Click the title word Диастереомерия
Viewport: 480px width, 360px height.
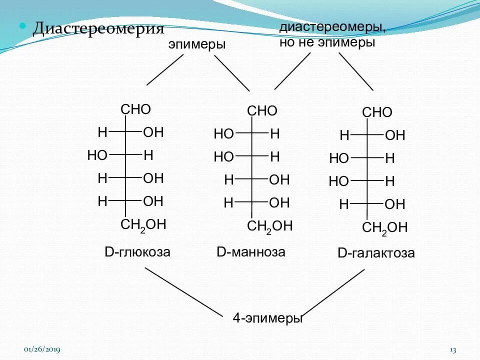click(98, 28)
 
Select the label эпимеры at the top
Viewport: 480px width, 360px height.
click(197, 44)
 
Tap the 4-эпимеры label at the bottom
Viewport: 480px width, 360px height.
click(268, 318)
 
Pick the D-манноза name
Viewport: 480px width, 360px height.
click(251, 252)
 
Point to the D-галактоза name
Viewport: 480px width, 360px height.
click(376, 253)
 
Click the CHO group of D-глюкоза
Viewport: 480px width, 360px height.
click(136, 109)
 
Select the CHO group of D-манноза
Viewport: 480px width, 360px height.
click(262, 111)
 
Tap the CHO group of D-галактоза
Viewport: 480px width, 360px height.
click(377, 112)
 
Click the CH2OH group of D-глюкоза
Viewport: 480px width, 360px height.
click(143, 224)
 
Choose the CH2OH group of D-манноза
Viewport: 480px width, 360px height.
click(269, 226)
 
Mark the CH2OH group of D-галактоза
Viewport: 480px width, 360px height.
click(384, 228)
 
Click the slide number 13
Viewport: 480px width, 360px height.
click(453, 349)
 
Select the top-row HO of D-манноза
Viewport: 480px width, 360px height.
click(223, 134)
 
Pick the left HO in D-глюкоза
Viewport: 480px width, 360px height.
click(97, 155)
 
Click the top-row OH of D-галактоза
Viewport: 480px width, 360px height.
click(395, 135)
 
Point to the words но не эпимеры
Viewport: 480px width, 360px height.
click(327, 42)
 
